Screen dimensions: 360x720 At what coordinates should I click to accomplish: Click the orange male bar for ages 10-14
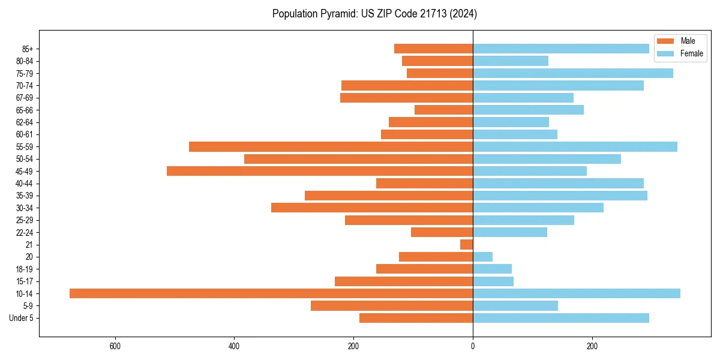pyautogui.click(x=271, y=293)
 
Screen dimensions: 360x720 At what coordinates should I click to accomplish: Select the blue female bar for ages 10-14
pyautogui.click(x=577, y=293)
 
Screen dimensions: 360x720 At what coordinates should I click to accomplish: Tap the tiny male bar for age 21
pyautogui.click(x=467, y=245)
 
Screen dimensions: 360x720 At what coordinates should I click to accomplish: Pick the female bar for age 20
pyautogui.click(x=483, y=257)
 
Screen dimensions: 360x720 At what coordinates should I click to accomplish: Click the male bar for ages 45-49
pyautogui.click(x=320, y=171)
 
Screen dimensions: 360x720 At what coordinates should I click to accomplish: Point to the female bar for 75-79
pyautogui.click(x=573, y=73)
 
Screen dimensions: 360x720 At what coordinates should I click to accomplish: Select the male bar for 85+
pyautogui.click(x=434, y=49)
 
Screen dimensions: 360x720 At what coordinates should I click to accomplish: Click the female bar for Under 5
pyautogui.click(x=561, y=318)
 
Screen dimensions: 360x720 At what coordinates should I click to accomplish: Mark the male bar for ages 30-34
pyautogui.click(x=372, y=208)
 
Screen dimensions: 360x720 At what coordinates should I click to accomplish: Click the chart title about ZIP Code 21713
pyautogui.click(x=374, y=13)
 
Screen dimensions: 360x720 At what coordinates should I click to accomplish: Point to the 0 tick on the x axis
pyautogui.click(x=473, y=346)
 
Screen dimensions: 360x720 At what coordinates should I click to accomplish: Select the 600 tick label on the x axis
pyautogui.click(x=115, y=346)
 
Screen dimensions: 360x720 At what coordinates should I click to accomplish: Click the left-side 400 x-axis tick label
pyautogui.click(x=234, y=346)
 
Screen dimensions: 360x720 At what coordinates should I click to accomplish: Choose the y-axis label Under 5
pyautogui.click(x=21, y=318)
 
